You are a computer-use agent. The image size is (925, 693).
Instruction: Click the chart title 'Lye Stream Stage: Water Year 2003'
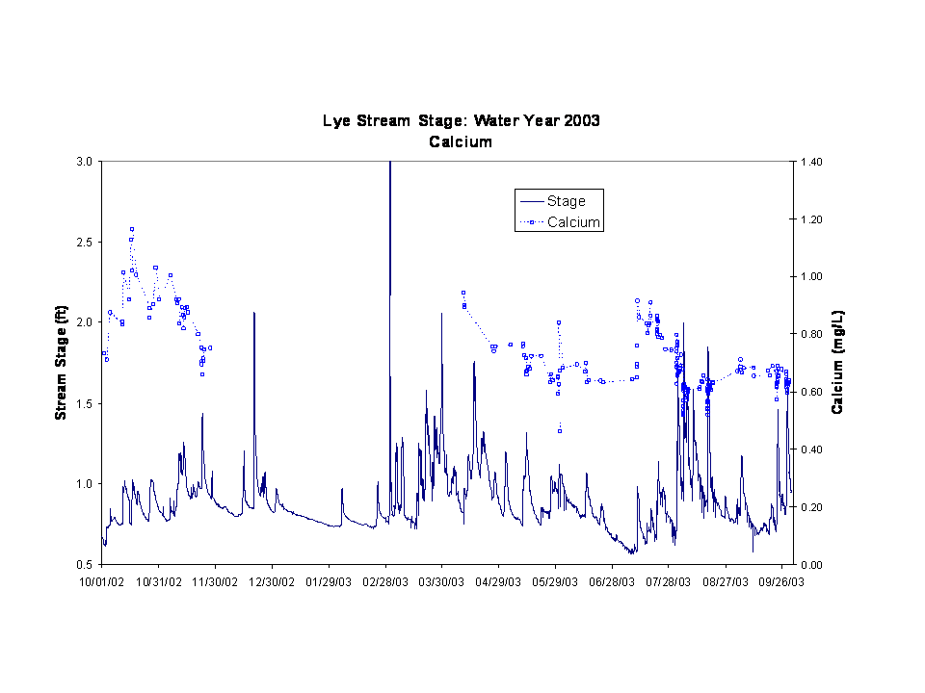click(461, 121)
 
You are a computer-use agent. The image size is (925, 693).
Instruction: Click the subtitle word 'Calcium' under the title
click(461, 141)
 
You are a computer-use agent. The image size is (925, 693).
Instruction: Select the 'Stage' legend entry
click(566, 201)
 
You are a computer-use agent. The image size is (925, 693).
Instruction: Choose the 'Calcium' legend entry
click(573, 222)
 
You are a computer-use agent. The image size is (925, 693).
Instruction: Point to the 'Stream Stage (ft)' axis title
click(61, 362)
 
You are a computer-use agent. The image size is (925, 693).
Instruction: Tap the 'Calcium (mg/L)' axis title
click(838, 362)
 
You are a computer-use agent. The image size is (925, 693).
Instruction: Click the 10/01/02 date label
click(101, 581)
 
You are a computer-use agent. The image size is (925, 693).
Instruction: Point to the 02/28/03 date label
click(385, 581)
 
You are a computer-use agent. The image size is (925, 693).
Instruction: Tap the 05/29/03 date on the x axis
click(556, 581)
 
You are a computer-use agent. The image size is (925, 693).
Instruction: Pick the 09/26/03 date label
click(783, 581)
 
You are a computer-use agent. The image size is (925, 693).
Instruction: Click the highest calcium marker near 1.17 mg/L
click(132, 229)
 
